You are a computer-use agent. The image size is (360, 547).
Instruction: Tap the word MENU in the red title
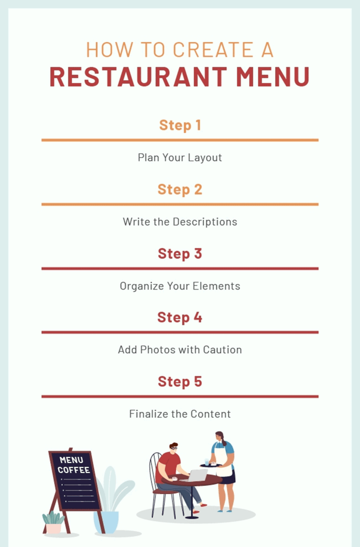(273, 77)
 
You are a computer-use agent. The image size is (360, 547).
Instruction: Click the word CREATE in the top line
(213, 50)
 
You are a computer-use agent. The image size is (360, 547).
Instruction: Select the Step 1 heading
(180, 125)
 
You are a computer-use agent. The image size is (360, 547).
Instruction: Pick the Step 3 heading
(180, 253)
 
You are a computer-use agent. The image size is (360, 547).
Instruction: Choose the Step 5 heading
(180, 381)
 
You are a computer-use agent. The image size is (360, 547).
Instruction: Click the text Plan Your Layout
(180, 158)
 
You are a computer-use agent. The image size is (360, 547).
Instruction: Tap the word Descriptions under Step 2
(205, 222)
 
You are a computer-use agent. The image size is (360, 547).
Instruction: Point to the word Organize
(142, 286)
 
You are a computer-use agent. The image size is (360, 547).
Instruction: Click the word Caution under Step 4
(223, 350)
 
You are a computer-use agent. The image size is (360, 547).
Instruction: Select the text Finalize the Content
(180, 414)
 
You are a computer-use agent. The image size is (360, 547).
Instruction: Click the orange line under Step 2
(180, 204)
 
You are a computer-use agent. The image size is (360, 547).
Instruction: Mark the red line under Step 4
(180, 332)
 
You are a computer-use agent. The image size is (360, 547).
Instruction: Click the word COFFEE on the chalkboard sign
(74, 470)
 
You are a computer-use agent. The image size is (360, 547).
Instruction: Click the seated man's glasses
(174, 448)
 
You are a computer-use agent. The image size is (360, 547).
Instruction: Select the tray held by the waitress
(211, 466)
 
